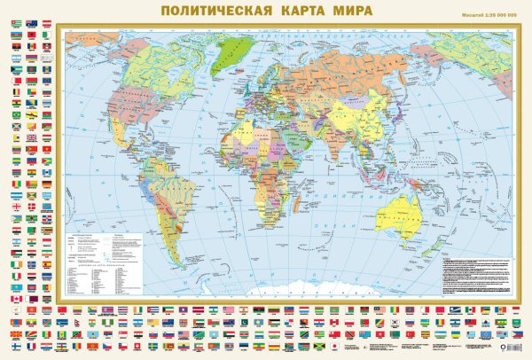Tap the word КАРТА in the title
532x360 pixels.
coord(310,12)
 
